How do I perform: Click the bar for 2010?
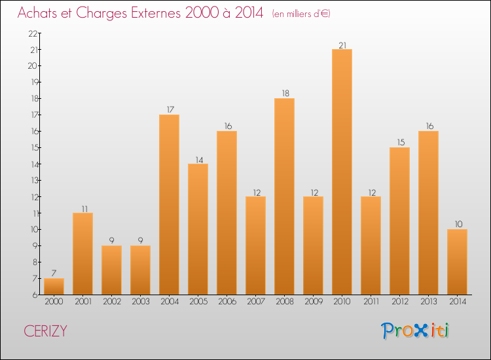click(x=342, y=171)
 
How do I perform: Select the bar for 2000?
click(x=54, y=287)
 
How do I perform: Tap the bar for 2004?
click(x=169, y=204)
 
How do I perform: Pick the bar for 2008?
click(x=284, y=196)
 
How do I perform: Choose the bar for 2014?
click(x=457, y=262)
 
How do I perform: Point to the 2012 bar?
click(x=399, y=221)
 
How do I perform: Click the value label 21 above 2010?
click(x=342, y=45)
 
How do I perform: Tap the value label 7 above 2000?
click(x=54, y=274)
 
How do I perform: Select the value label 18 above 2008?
click(x=284, y=94)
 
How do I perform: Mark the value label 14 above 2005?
click(x=198, y=159)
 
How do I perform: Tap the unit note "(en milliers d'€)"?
click(x=302, y=14)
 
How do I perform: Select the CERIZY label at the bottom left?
click(x=45, y=331)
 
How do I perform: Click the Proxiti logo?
click(x=416, y=331)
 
